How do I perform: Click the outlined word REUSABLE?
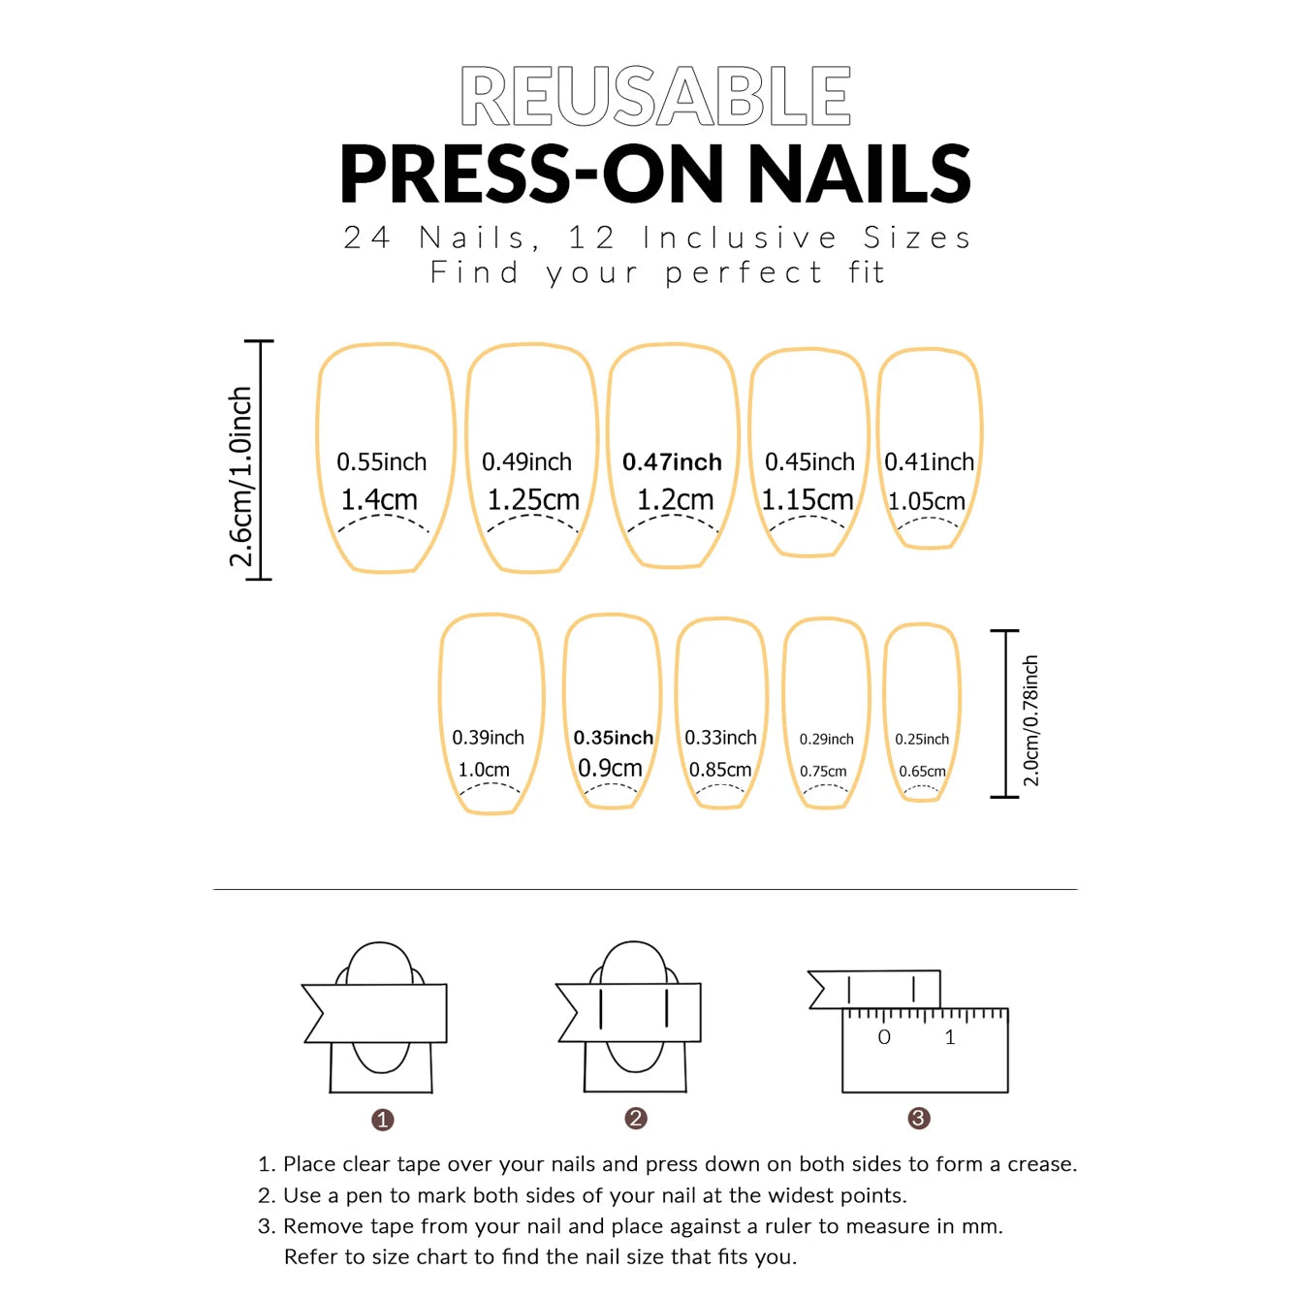tap(655, 97)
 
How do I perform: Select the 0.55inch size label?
tap(381, 462)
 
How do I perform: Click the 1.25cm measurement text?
tap(532, 500)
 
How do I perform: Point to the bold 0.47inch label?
tap(672, 462)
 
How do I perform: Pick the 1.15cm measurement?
tap(807, 500)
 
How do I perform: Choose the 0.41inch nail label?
tap(929, 462)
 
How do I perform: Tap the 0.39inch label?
tap(488, 738)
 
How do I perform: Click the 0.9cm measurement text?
tap(610, 769)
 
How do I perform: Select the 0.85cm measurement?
tap(719, 770)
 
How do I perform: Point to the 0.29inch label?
tap(826, 740)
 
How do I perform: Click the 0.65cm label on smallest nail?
tap(922, 772)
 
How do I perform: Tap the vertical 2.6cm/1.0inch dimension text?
tap(240, 477)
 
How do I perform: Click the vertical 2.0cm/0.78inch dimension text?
tap(1030, 721)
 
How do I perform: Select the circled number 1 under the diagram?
tap(382, 1120)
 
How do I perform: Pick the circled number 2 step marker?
tap(636, 1119)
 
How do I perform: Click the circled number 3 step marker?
tap(918, 1119)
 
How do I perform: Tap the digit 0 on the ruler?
tap(883, 1037)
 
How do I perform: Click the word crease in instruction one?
tap(1040, 1164)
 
